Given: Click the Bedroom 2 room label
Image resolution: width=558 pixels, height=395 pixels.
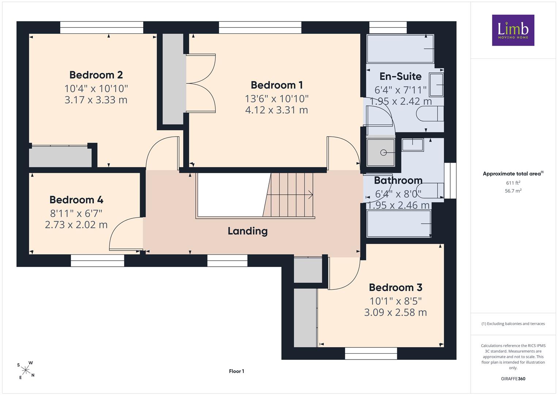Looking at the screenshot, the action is tap(96, 75).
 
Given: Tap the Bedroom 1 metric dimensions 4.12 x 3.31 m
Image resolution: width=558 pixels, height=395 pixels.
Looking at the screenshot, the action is tap(277, 110).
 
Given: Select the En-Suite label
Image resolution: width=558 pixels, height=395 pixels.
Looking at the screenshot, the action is tap(400, 76).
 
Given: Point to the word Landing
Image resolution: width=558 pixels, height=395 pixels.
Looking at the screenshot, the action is tap(248, 231).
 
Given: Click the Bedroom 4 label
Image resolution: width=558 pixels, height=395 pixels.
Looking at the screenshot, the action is tap(76, 200).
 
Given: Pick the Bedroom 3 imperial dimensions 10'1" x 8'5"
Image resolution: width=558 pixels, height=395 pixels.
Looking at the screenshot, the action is tap(395, 301).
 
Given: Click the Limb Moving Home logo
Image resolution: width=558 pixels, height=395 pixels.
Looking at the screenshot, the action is tap(513, 30).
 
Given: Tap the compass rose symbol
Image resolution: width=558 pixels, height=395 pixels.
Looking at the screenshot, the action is tap(26, 370).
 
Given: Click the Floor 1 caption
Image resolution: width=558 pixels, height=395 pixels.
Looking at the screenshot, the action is tap(236, 371).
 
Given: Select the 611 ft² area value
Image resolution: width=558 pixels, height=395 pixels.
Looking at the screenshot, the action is tap(513, 183).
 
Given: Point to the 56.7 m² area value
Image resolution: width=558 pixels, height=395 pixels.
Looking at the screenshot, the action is tap(513, 191).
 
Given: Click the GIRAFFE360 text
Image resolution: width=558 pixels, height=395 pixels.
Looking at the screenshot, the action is tap(513, 379).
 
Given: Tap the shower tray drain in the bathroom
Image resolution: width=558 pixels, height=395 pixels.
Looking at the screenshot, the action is tap(383, 153).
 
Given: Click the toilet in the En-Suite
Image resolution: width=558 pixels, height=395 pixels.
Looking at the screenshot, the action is tap(430, 114).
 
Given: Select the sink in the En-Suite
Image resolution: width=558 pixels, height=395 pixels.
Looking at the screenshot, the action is tap(436, 85).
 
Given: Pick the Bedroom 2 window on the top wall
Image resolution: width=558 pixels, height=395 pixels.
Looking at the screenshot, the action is tap(102, 27).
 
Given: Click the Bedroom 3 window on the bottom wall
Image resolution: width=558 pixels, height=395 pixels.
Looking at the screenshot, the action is tap(371, 353).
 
